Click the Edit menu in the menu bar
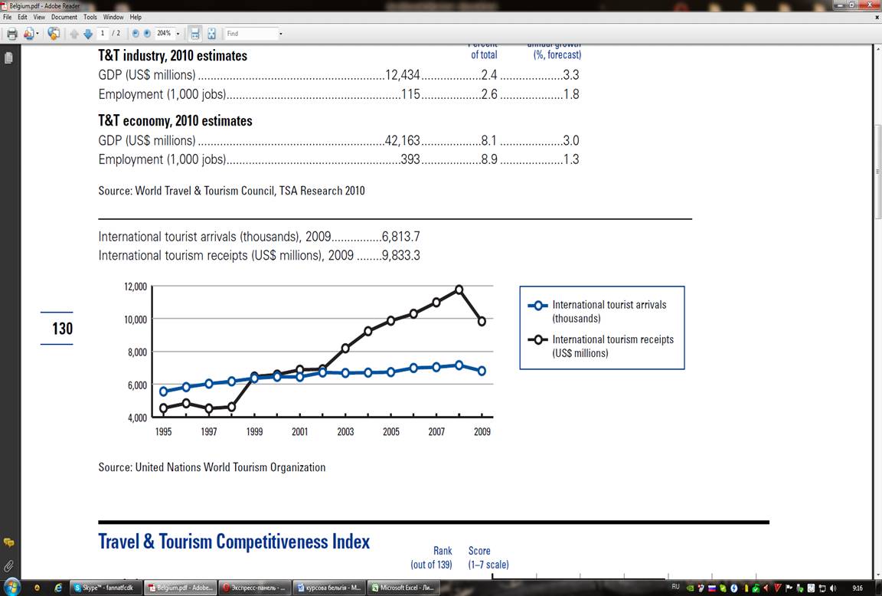coord(22,17)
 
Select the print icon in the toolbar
coord(11,34)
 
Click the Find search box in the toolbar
coord(251,34)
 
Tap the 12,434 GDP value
coord(403,75)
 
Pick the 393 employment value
coord(410,159)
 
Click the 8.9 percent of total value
coord(489,159)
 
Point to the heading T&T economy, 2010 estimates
coord(175,121)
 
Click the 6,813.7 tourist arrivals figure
coord(400,237)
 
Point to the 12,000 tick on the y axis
coord(135,287)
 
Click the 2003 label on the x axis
coord(345,432)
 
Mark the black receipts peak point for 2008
coord(459,290)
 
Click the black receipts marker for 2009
coord(482,322)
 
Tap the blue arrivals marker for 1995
coord(163,391)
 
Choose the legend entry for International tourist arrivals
coord(609,311)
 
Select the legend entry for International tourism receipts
coord(612,346)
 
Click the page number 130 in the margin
coord(62,329)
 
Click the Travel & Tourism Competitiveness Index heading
coord(234,542)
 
